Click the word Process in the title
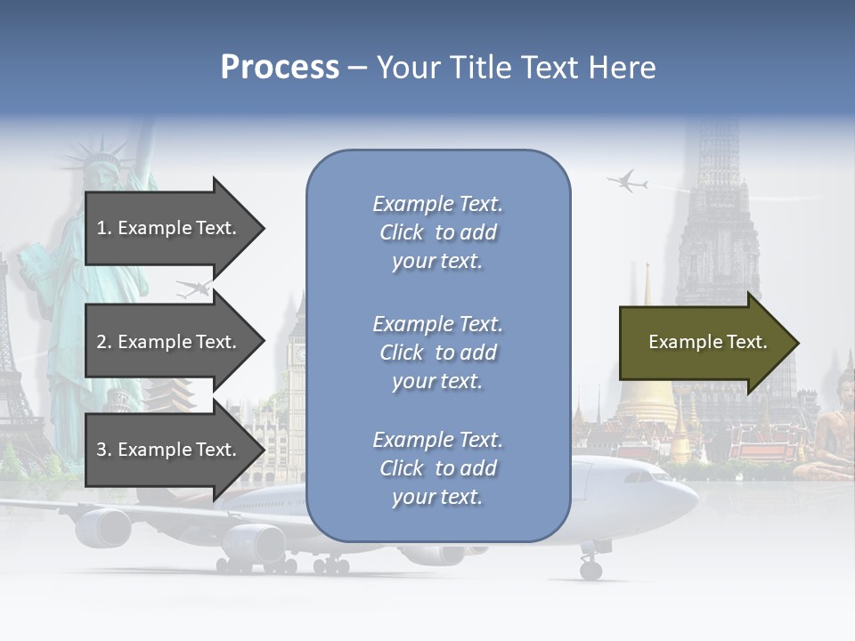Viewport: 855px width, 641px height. [x=280, y=68]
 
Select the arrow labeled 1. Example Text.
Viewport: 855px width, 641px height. [x=174, y=228]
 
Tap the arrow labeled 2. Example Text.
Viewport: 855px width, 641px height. [x=174, y=342]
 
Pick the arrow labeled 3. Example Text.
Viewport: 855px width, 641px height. [x=174, y=450]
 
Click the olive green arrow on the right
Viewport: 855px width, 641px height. [x=708, y=343]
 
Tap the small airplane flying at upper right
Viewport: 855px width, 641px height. [x=628, y=182]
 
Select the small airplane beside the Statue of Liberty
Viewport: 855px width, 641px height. [x=194, y=288]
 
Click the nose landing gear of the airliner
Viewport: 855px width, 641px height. [x=590, y=567]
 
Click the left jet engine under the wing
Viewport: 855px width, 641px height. [x=102, y=527]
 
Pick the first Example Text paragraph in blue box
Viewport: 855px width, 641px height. [x=437, y=232]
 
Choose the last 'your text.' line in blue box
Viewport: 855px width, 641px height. [x=437, y=497]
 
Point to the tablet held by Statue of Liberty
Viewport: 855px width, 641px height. [x=33, y=267]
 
